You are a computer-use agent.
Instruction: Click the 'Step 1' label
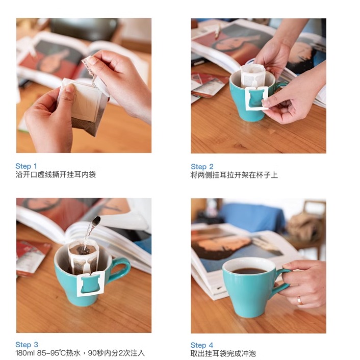(26, 166)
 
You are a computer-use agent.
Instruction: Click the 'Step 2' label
(202, 167)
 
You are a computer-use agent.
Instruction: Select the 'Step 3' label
(27, 345)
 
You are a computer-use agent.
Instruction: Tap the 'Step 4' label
(202, 345)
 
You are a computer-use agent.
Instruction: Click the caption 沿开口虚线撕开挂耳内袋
(56, 175)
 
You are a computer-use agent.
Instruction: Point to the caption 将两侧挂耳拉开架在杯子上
(234, 175)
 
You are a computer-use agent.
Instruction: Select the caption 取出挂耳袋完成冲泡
(223, 353)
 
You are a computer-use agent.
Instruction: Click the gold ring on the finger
(300, 300)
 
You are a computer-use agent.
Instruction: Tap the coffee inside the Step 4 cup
(249, 271)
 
